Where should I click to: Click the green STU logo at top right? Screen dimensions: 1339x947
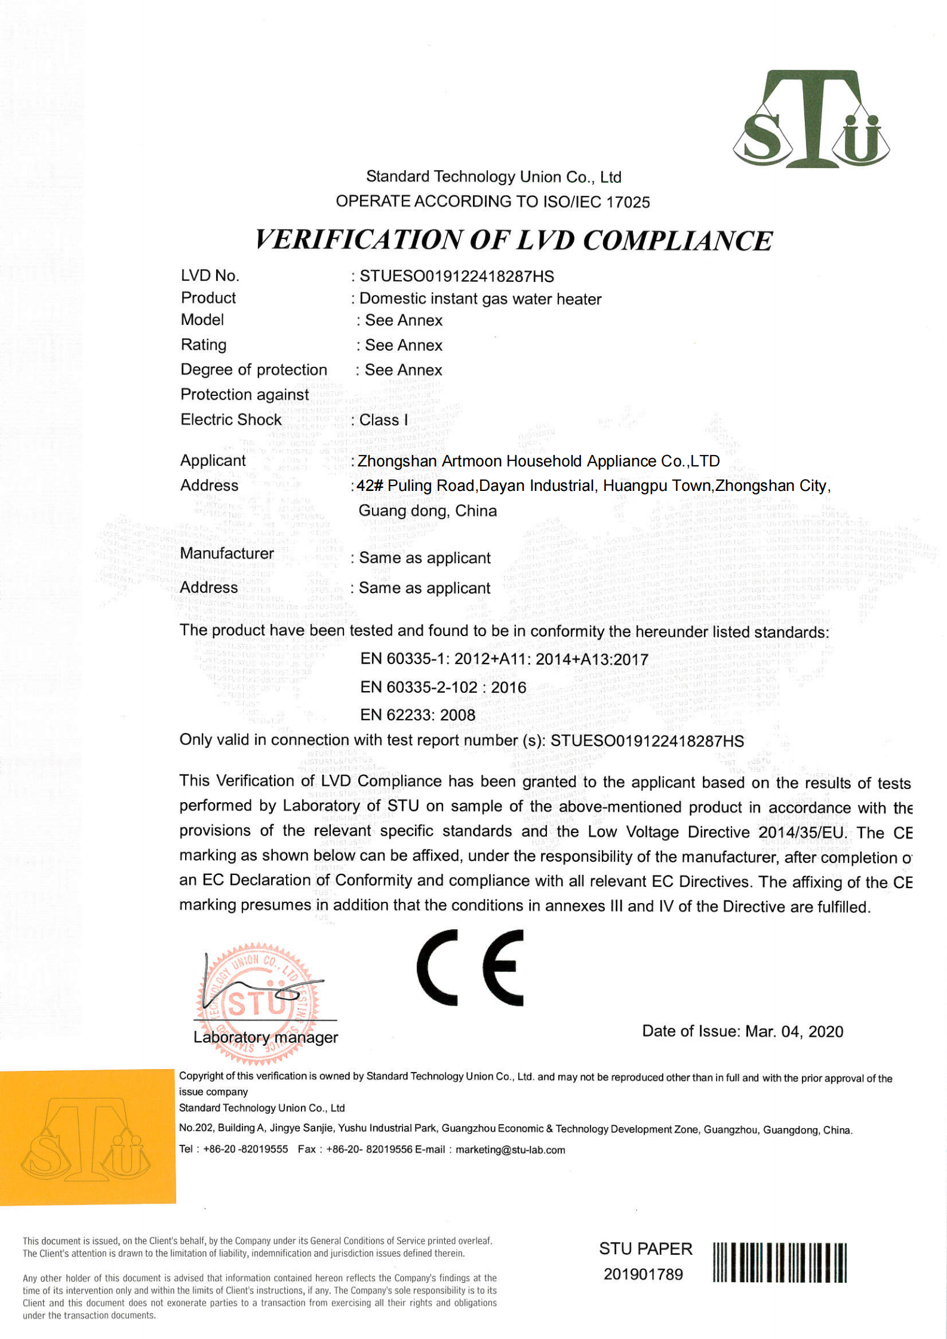click(x=811, y=119)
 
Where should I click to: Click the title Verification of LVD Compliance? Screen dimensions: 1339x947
click(x=514, y=240)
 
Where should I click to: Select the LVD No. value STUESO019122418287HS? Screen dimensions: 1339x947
click(x=456, y=276)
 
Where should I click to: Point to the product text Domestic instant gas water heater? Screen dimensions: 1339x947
click(x=480, y=299)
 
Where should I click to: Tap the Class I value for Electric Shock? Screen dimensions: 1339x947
click(x=384, y=420)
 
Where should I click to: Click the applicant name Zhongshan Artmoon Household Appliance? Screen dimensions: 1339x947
click(x=539, y=461)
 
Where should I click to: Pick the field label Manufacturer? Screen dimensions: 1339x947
click(x=227, y=554)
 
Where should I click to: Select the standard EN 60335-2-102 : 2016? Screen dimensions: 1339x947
click(x=443, y=687)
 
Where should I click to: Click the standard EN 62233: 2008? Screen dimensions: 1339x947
click(x=417, y=715)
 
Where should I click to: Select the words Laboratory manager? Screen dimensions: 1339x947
click(x=266, y=1037)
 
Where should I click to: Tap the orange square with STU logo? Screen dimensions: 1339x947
click(x=88, y=1137)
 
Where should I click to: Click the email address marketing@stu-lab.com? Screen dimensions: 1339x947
click(x=510, y=1150)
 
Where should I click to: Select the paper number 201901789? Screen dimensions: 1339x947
click(x=643, y=1274)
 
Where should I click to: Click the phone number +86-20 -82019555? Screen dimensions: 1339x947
click(x=245, y=1149)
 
